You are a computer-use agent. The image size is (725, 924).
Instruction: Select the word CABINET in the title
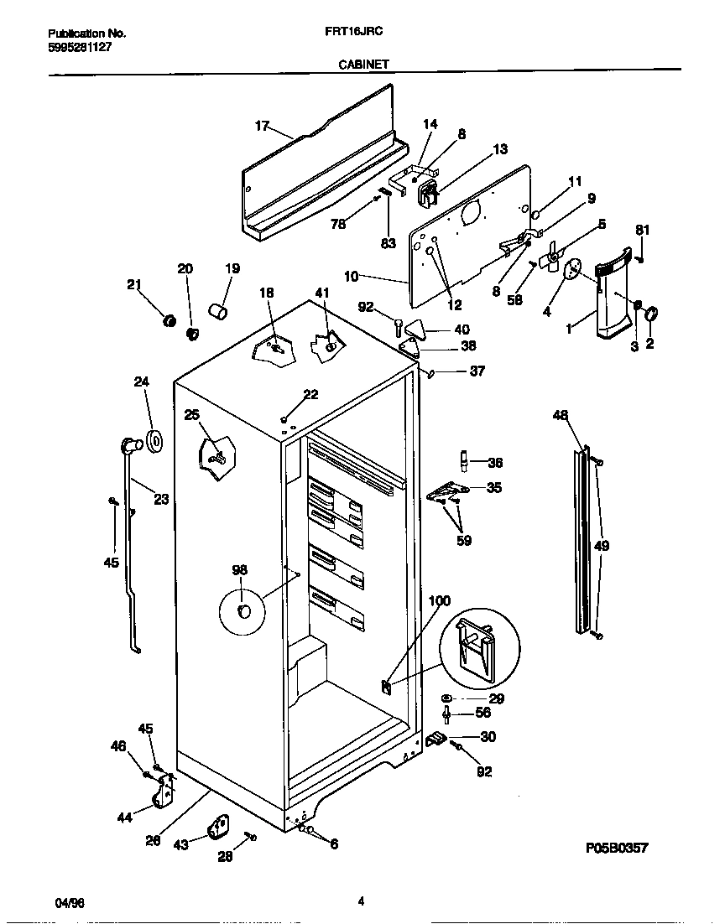tap(362, 63)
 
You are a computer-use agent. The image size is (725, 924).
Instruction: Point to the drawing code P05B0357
tap(617, 849)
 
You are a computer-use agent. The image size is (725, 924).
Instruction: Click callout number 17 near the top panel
tap(262, 126)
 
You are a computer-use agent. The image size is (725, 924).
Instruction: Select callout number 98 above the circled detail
tap(240, 570)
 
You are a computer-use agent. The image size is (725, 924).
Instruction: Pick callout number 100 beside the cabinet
tap(439, 600)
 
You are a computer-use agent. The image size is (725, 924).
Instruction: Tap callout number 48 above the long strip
tap(561, 414)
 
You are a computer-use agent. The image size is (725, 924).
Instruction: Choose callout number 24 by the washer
tap(141, 382)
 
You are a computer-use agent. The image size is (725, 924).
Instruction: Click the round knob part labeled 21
tap(167, 319)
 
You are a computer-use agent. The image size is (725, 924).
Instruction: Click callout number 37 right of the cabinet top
tap(477, 371)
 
